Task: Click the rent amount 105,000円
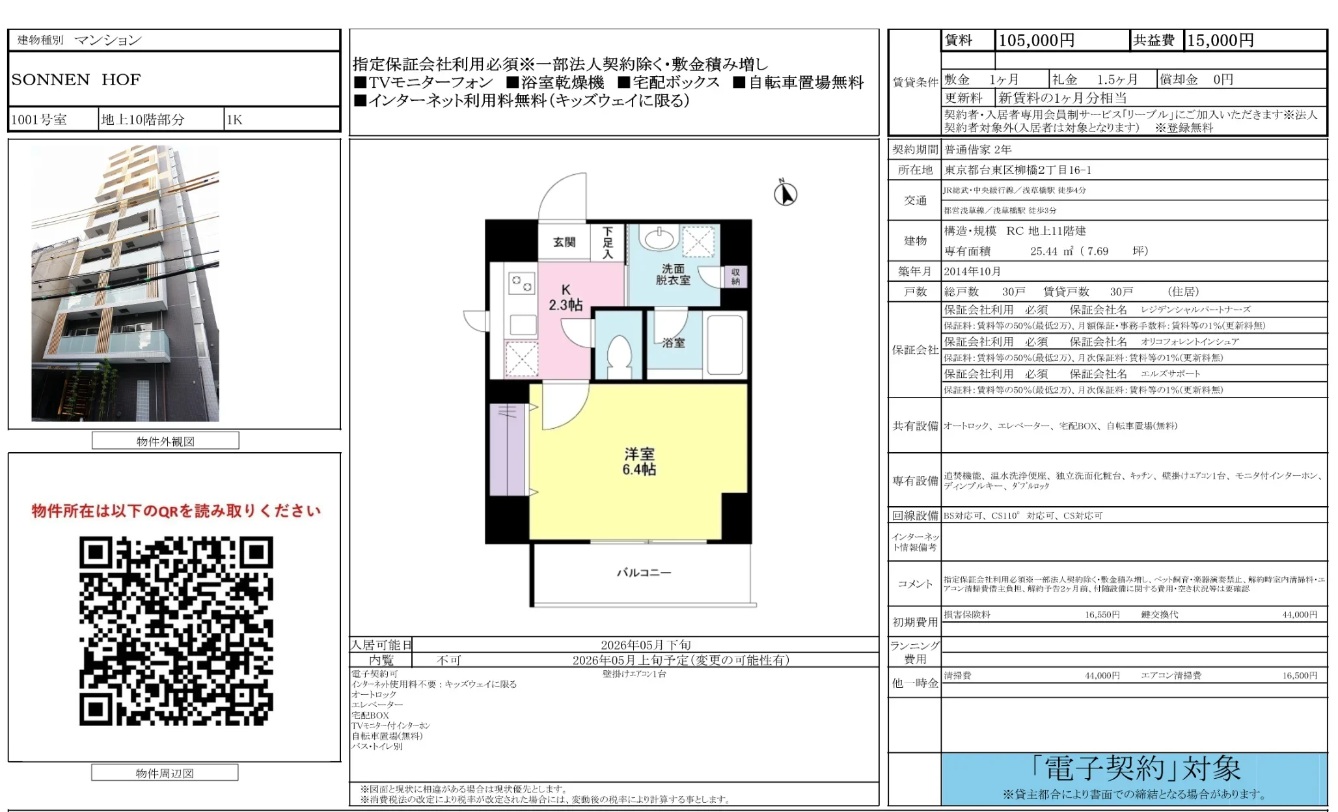[1036, 40]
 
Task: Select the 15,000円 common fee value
[1220, 40]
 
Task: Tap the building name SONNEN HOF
[75, 79]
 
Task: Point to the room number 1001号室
[39, 120]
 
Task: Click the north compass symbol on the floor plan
[785, 193]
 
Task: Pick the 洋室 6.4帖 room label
[638, 461]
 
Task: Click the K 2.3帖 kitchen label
[566, 297]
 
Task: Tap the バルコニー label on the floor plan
[643, 573]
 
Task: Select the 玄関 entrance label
[564, 242]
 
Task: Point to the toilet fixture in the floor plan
[619, 355]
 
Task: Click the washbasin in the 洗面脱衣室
[659, 238]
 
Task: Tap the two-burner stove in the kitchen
[522, 283]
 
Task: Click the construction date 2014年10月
[972, 271]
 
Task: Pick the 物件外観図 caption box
[165, 441]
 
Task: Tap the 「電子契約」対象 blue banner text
[1135, 769]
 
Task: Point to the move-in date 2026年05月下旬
[646, 645]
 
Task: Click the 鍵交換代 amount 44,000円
[1300, 614]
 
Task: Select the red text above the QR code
[176, 511]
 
